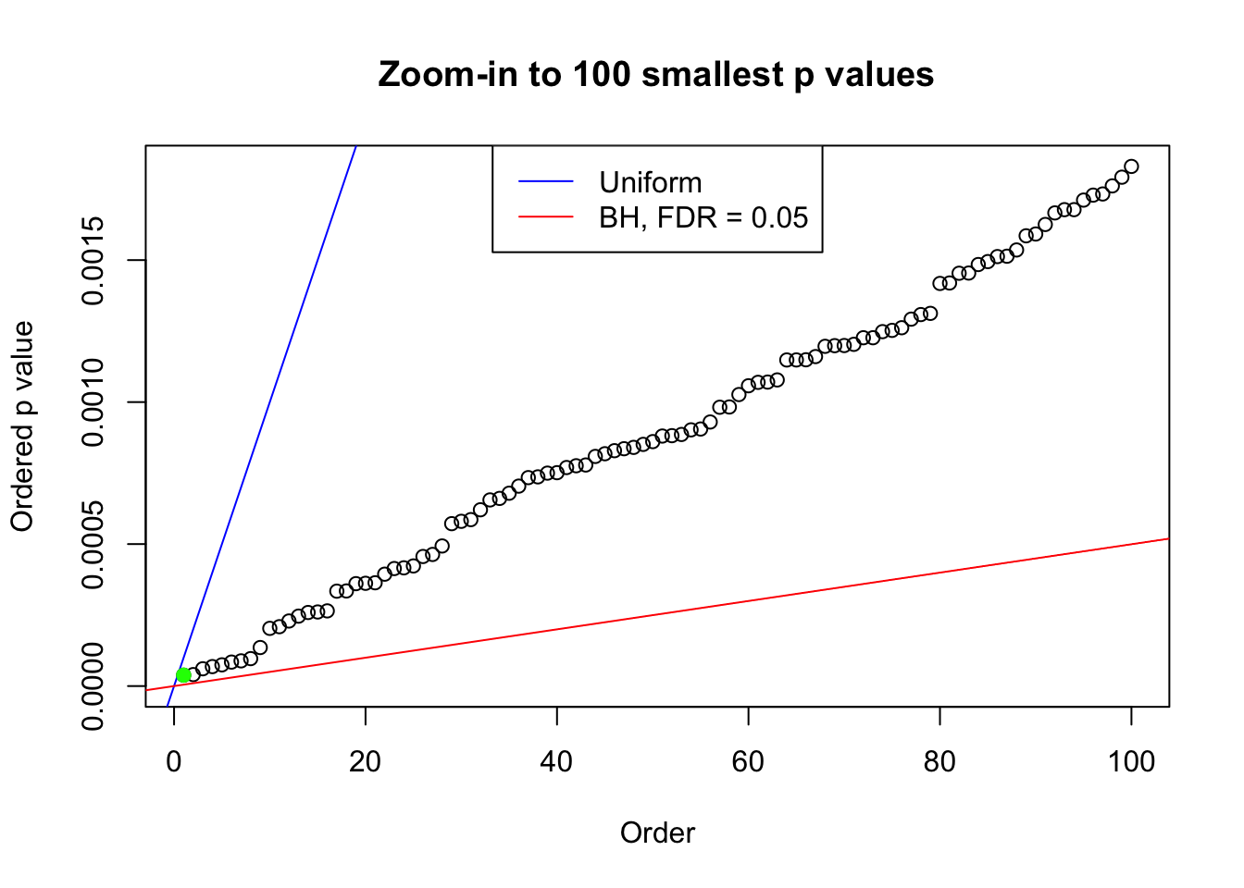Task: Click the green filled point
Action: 183,675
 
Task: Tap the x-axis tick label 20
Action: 366,761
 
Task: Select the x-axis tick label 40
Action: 557,761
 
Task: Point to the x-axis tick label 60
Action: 748,761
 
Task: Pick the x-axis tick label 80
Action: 939,761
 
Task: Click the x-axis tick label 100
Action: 1131,761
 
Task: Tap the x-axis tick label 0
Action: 174,761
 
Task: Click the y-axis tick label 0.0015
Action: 93,260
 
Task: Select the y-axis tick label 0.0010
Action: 93,402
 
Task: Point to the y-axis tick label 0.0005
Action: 93,544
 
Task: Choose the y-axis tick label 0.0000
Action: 93,686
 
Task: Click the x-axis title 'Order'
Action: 657,832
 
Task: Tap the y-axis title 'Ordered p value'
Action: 22,426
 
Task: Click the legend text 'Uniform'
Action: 650,182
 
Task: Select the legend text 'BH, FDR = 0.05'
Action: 703,217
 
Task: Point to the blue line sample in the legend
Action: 546,182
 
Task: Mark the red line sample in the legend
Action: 546,217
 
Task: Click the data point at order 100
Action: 1131,166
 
